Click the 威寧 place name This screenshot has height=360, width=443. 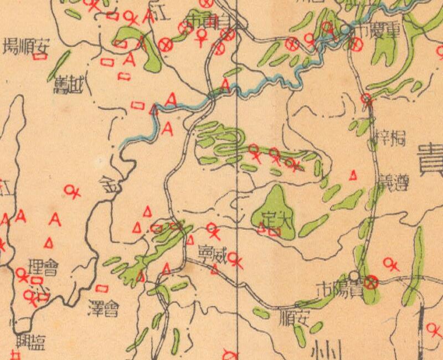click(x=213, y=255)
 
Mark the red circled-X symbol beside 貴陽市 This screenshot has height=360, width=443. click(x=372, y=282)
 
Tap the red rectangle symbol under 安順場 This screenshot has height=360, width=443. click(x=39, y=56)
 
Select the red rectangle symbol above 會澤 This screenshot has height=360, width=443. click(x=101, y=288)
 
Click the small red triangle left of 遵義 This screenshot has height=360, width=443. click(x=353, y=176)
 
